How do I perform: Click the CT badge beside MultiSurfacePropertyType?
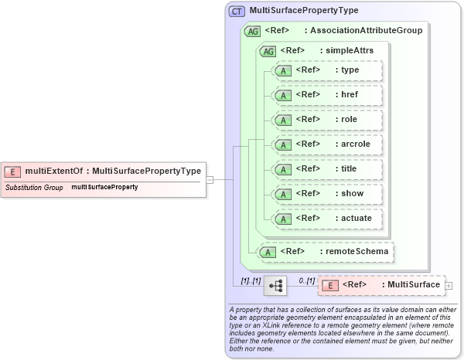[237, 12]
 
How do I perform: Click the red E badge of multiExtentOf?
[12, 172]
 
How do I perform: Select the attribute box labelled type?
[329, 70]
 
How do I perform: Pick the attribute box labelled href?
[329, 95]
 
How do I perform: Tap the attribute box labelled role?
[329, 120]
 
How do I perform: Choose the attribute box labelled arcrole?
[329, 144]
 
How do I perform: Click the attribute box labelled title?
[329, 169]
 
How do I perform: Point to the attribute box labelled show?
[329, 194]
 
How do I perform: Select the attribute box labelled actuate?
[329, 219]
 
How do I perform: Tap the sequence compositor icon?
[275, 286]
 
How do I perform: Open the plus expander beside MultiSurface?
[449, 286]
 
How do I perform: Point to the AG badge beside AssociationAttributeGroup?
[252, 31]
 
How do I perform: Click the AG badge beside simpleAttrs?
[268, 51]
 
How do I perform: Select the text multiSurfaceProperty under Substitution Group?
[104, 188]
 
